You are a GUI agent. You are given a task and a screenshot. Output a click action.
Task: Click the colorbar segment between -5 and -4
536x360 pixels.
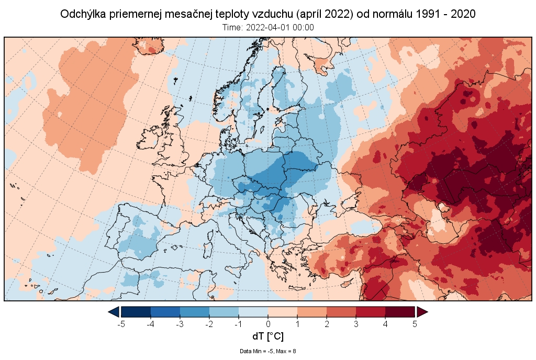[136, 312]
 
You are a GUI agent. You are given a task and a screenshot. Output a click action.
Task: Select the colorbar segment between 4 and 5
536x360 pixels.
[400, 312]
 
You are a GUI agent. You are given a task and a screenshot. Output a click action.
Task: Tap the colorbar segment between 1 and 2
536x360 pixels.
[312, 312]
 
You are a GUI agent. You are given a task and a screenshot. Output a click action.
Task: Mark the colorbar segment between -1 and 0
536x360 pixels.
[253, 312]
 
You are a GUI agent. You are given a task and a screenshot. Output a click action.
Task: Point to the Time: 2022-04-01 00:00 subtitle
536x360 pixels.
[268, 27]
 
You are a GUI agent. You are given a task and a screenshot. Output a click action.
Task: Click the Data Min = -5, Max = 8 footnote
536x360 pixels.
[268, 351]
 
